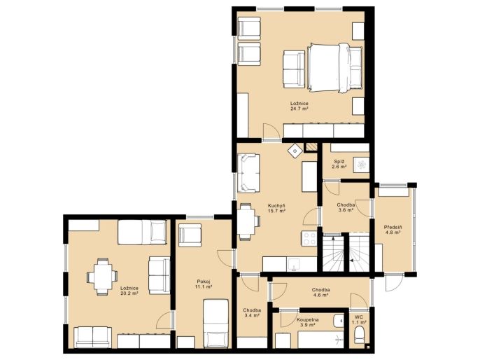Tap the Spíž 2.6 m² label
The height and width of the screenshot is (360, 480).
339,164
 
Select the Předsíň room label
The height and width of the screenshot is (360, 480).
393,228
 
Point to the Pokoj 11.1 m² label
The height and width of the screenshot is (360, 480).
204,284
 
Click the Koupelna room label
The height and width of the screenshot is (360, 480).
307,319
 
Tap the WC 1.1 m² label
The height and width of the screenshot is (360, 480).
359,320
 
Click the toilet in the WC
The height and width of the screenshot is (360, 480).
359,335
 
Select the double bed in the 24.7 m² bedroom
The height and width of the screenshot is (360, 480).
335,67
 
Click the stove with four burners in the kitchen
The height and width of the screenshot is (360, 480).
309,239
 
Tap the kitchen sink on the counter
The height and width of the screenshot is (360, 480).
294,264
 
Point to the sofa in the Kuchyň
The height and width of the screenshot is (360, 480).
248,173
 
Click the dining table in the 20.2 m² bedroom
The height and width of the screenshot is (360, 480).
102,277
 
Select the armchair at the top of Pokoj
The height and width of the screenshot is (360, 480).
190,235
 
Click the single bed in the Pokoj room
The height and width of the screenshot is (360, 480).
216,324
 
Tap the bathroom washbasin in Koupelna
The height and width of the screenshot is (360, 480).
339,321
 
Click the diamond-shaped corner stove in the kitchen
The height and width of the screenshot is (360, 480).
295,151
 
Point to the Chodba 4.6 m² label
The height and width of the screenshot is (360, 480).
320,292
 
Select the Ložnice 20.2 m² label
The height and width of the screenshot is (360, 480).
129,291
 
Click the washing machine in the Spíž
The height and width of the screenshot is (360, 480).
362,165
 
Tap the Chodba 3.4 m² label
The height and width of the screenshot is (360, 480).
252,312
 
